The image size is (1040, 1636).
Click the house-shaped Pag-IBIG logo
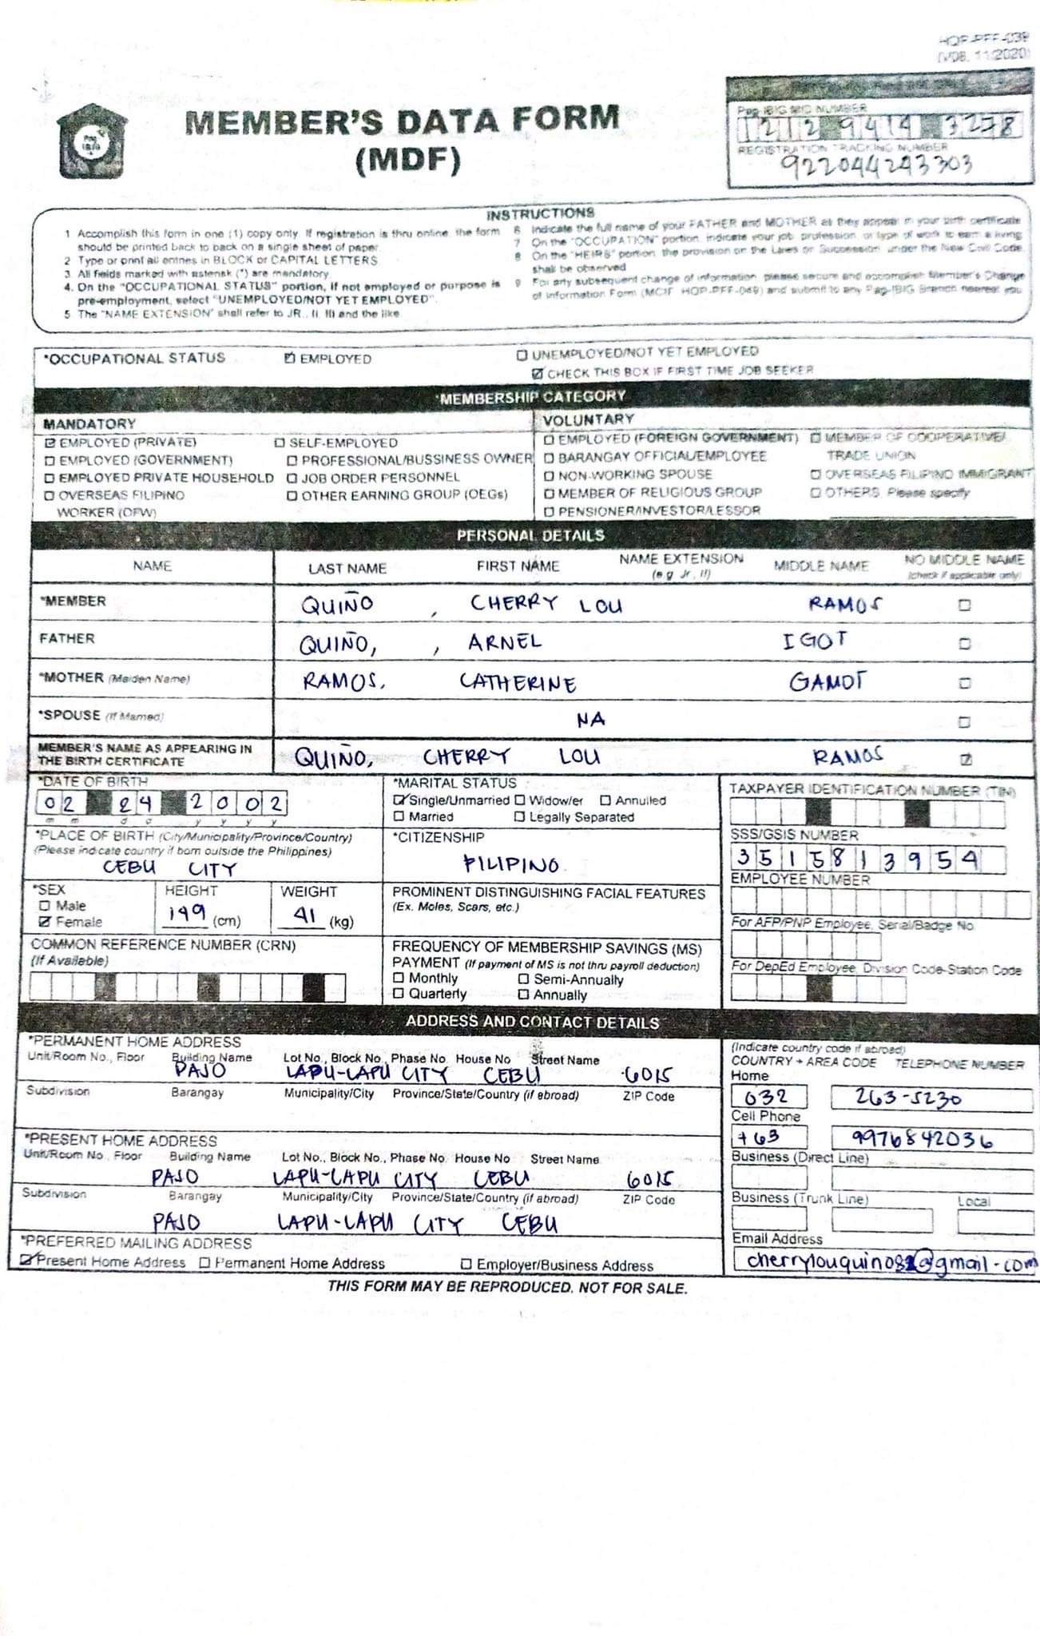pos(92,142)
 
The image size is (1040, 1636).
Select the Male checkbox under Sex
pos(46,905)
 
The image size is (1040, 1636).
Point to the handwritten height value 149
pos(187,913)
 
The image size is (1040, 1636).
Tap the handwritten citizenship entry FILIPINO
pos(511,864)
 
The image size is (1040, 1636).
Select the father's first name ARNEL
pos(505,642)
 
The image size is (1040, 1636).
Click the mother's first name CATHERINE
pos(518,683)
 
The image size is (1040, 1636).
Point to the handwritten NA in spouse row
pos(591,720)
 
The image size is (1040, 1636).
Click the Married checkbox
pos(399,816)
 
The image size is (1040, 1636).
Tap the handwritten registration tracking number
pos(875,165)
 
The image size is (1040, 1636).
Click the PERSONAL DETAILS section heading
pos(530,535)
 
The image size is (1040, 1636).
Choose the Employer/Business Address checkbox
pos(466,1265)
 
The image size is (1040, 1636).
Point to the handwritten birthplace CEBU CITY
pos(169,868)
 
